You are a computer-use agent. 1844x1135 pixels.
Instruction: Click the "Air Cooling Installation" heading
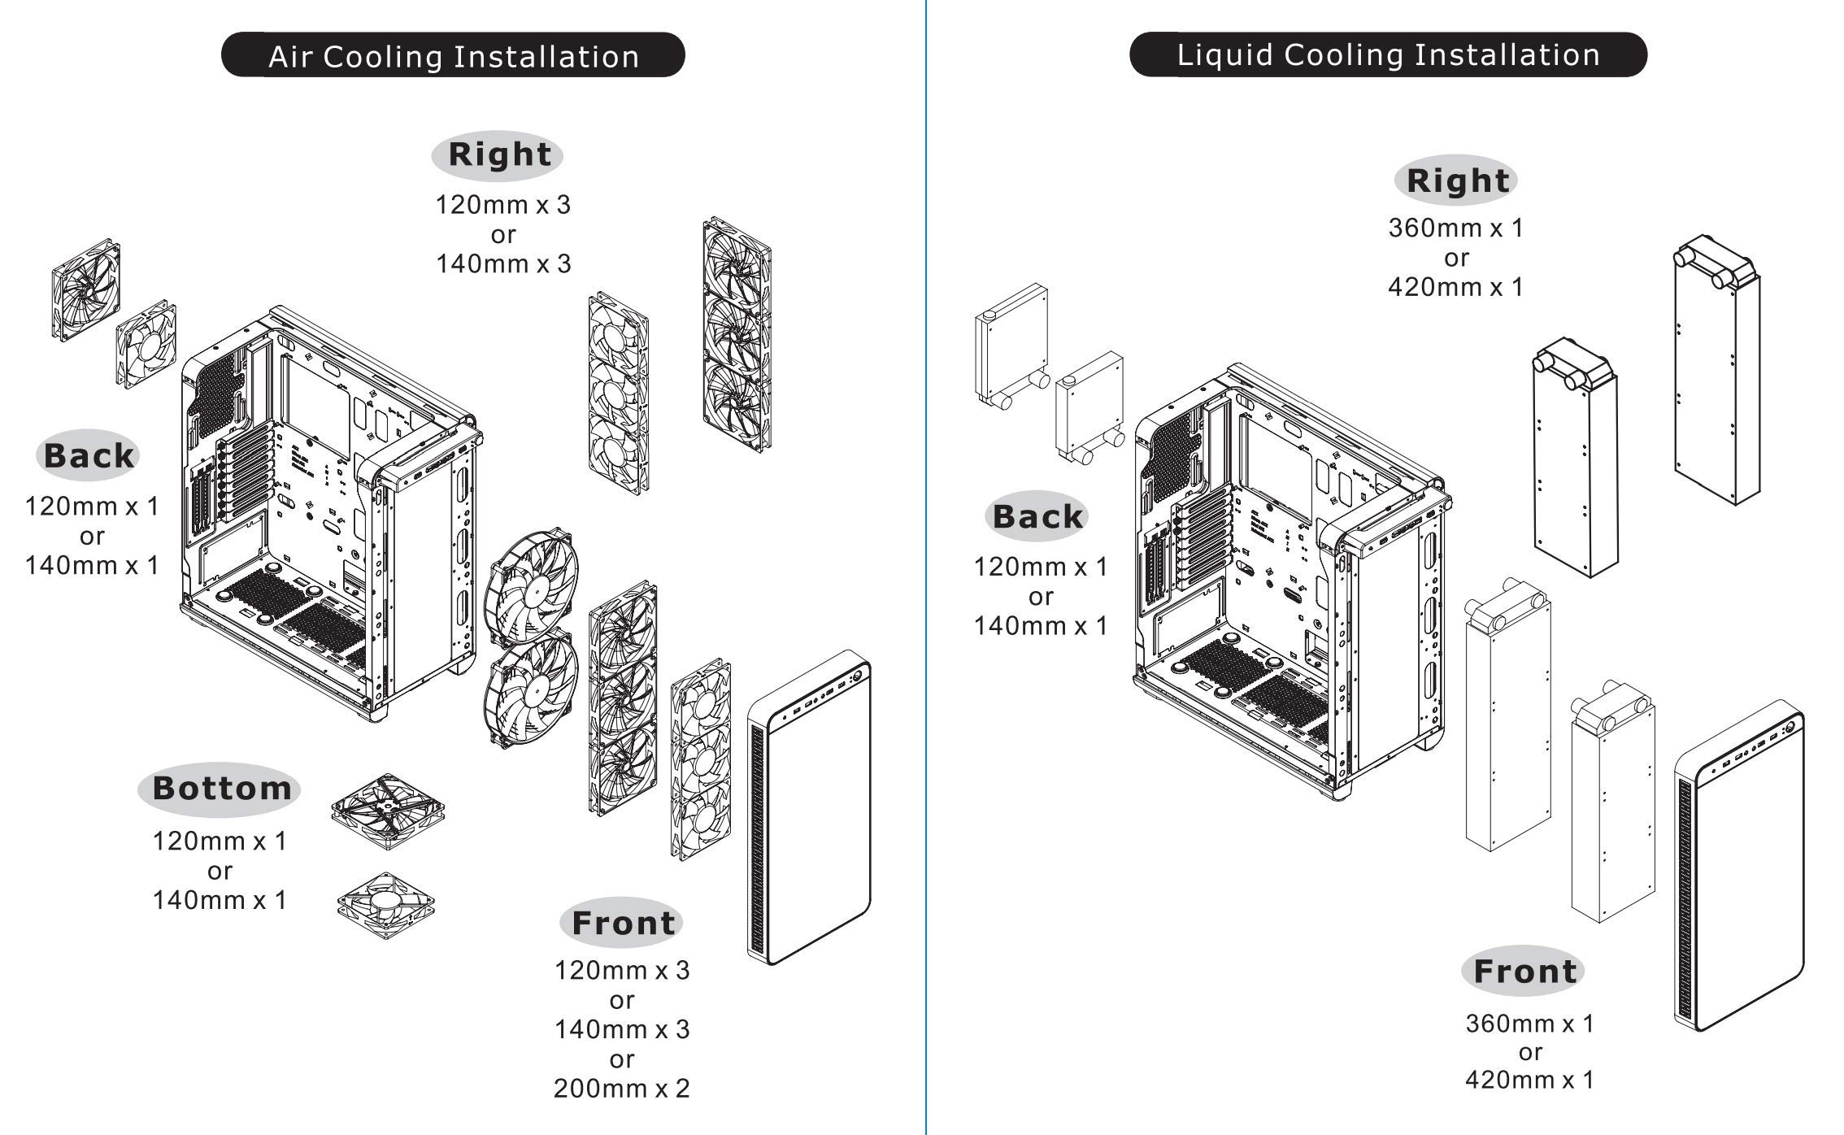pyautogui.click(x=453, y=56)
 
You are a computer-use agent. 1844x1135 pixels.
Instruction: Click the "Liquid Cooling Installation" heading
pyautogui.click(x=1388, y=54)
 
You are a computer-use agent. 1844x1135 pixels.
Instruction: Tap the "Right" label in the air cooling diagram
pyautogui.click(x=498, y=155)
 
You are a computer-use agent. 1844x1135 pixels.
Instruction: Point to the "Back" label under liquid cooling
pyautogui.click(x=1037, y=517)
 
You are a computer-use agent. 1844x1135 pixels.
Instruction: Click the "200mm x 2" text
pyautogui.click(x=621, y=1089)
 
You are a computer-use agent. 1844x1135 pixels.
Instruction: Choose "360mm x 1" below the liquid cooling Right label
pyautogui.click(x=1455, y=228)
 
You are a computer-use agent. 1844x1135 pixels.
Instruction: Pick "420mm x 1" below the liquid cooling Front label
pyautogui.click(x=1529, y=1081)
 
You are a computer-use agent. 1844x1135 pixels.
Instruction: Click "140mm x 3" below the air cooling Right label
pyautogui.click(x=503, y=264)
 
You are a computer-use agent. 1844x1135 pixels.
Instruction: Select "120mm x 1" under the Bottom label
pyautogui.click(x=220, y=841)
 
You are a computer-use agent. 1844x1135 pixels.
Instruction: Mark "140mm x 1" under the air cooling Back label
pyautogui.click(x=92, y=566)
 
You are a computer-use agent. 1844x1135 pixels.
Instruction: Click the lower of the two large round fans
pyautogui.click(x=530, y=692)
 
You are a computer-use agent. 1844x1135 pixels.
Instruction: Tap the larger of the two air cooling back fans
pyautogui.click(x=86, y=289)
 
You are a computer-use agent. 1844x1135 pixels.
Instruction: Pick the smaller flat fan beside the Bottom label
pyautogui.click(x=386, y=906)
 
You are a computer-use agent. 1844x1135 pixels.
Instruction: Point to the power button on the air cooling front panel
pyautogui.click(x=857, y=676)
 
